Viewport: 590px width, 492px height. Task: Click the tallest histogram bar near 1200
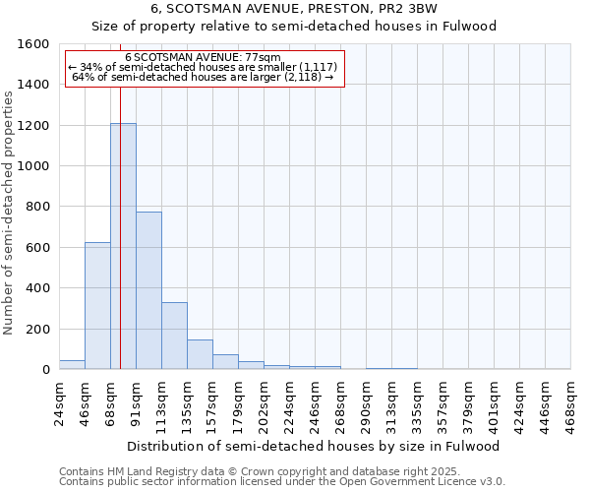tap(123, 246)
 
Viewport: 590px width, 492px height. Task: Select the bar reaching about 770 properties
tap(148, 290)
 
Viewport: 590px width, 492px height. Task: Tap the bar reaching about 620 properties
tap(97, 305)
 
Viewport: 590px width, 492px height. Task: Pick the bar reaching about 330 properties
tap(174, 336)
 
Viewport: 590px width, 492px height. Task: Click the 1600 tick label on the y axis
tap(33, 44)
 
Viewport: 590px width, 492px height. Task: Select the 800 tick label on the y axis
tap(37, 207)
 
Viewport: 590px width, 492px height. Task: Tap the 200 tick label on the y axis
tap(37, 329)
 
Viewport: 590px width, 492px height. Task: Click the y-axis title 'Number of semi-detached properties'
tap(10, 213)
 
